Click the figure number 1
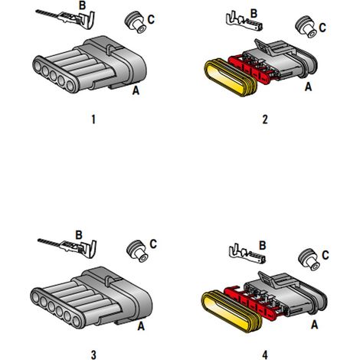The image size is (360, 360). (x=93, y=119)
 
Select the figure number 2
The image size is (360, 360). (x=265, y=119)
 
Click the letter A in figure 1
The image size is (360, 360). (x=136, y=90)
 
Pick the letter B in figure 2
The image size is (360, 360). (x=254, y=14)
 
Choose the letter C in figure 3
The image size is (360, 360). (x=153, y=244)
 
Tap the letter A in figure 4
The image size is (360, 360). (x=315, y=325)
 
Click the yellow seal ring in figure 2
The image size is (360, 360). (x=231, y=77)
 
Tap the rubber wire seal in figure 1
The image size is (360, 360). (x=136, y=22)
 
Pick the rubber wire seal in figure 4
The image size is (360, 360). (x=309, y=260)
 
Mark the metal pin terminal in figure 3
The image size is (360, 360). (x=68, y=247)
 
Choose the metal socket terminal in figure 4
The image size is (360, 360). (x=247, y=254)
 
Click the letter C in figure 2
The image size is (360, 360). (x=322, y=28)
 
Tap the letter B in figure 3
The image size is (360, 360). (x=79, y=235)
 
